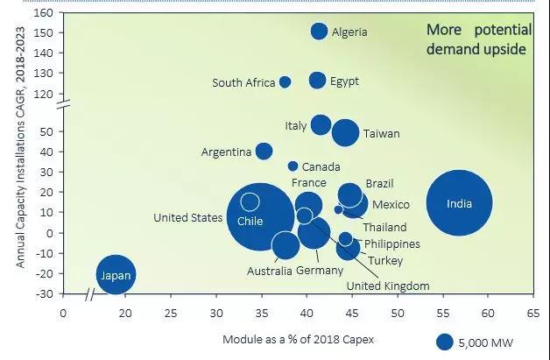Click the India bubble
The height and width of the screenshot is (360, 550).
[459, 203]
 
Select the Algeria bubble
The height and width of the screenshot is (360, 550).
[320, 32]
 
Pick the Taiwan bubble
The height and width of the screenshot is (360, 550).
[345, 132]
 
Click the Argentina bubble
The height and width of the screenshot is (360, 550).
[264, 152]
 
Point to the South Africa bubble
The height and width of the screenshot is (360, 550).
[285, 82]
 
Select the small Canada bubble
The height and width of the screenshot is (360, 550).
[293, 166]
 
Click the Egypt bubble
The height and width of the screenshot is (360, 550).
[317, 81]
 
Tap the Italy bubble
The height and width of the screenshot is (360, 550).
[321, 124]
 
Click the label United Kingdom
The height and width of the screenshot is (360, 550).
[387, 286]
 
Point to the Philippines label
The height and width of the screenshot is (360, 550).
[391, 244]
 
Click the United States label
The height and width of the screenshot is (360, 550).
[187, 218]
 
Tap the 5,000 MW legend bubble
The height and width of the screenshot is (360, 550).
[445, 342]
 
